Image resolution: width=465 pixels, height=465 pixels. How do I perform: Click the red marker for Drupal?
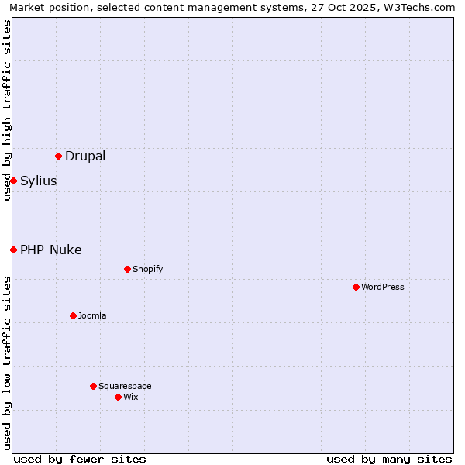click(58, 156)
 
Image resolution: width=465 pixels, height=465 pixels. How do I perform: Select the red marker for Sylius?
click(13, 181)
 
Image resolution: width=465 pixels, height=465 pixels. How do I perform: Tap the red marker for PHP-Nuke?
click(13, 250)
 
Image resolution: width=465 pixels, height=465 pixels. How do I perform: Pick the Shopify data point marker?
click(127, 269)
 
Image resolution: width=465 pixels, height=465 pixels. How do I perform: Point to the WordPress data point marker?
click(356, 287)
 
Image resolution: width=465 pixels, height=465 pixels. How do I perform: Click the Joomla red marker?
click(73, 315)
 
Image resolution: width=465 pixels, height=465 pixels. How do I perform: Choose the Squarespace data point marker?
click(93, 386)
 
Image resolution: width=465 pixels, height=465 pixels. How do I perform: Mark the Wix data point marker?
click(118, 397)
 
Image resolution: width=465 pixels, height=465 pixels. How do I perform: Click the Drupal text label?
click(85, 156)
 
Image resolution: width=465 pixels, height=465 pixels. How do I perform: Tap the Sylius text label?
click(39, 181)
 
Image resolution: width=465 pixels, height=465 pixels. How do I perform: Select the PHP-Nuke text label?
click(51, 250)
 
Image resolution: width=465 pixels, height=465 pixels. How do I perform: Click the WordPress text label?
click(383, 287)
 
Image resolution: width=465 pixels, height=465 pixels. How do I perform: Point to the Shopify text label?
click(148, 269)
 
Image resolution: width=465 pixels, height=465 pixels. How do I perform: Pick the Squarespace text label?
click(125, 386)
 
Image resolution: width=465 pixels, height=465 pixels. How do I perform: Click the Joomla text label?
click(92, 315)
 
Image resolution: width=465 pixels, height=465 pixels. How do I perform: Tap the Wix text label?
click(131, 397)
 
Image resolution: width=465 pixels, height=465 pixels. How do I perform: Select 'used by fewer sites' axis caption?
click(80, 459)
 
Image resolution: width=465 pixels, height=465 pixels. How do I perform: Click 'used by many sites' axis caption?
click(389, 459)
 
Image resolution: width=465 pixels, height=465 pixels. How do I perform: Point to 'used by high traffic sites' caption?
click(8, 110)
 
